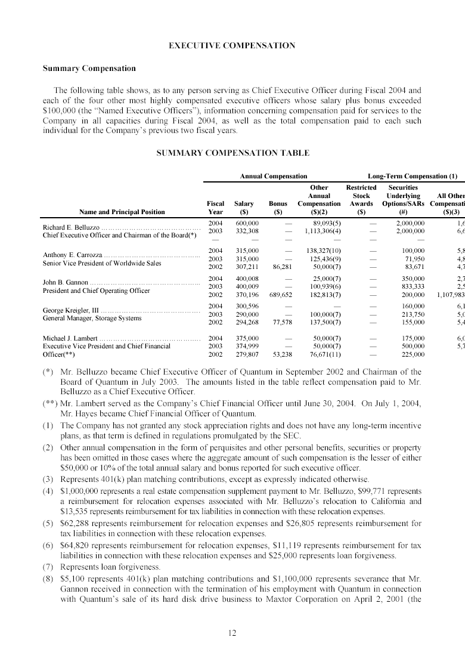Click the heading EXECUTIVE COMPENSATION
232,45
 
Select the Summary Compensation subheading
89,68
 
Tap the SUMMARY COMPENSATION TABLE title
232,153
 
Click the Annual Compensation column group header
273,176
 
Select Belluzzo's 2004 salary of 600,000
247,222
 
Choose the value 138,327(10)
322,251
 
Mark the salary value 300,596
247,305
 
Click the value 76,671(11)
323,354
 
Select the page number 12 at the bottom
232,633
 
